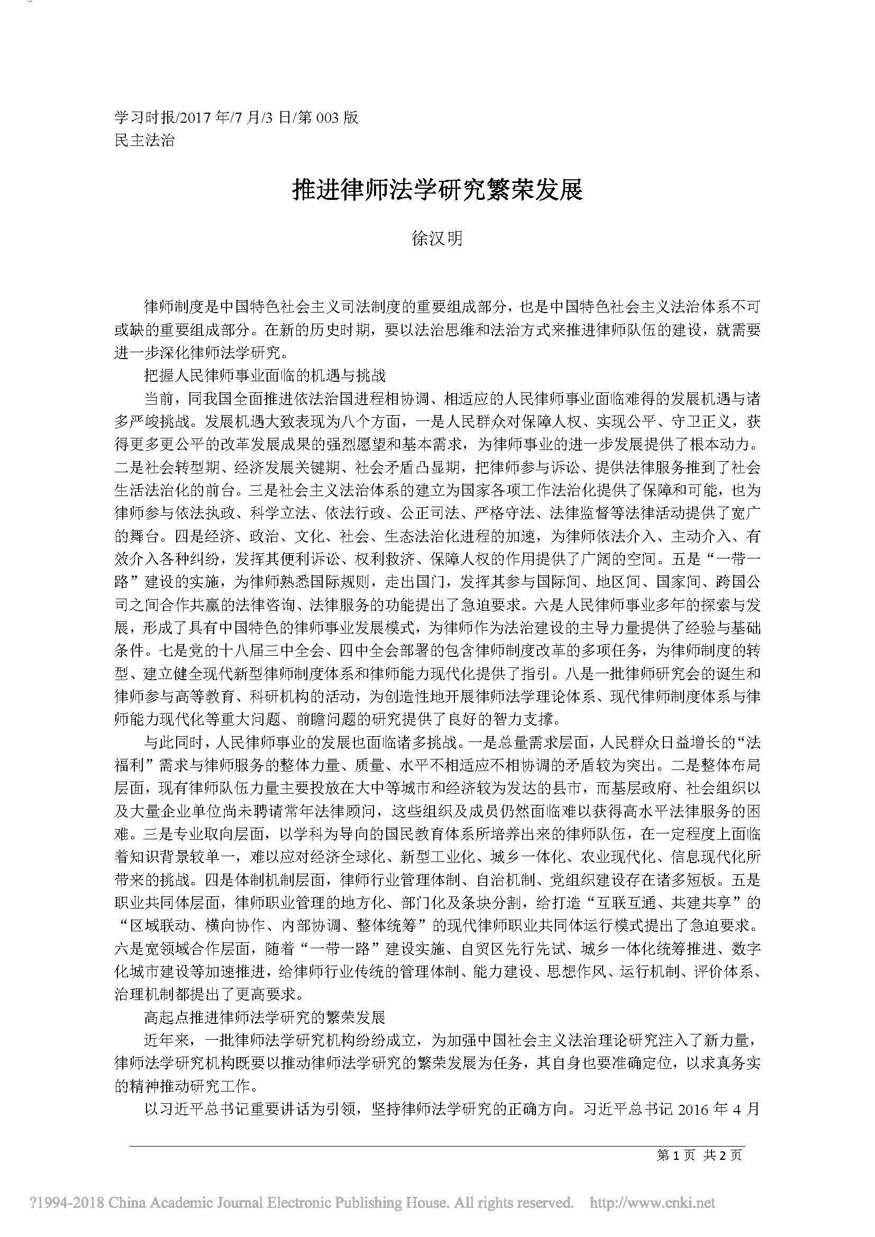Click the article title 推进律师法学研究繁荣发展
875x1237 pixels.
(437, 190)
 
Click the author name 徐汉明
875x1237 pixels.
(437, 238)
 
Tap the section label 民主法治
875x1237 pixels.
(145, 141)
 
